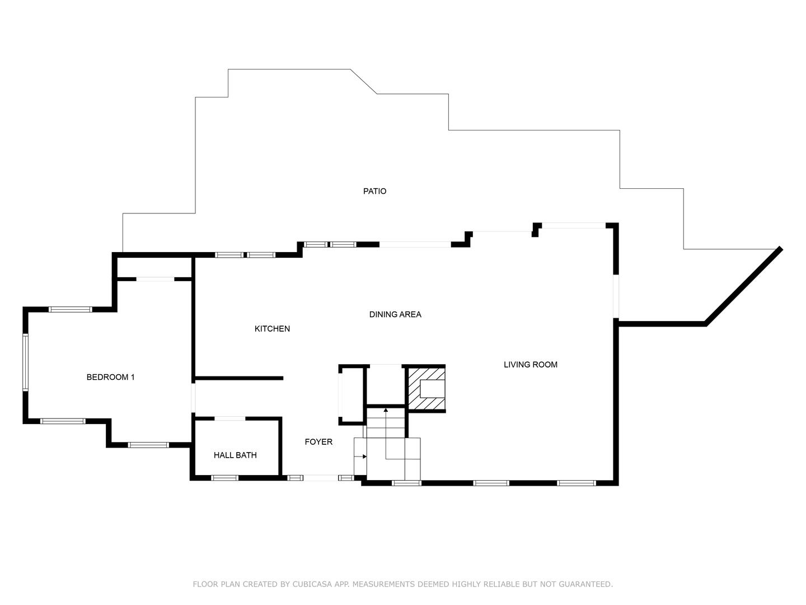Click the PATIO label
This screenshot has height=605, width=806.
pyautogui.click(x=374, y=191)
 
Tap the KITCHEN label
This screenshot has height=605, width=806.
pyautogui.click(x=272, y=329)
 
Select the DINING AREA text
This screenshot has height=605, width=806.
pyautogui.click(x=395, y=314)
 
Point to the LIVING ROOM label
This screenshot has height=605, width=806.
pyautogui.click(x=530, y=365)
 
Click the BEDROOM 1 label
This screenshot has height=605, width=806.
pyautogui.click(x=110, y=377)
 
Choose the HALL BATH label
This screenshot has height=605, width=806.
pyautogui.click(x=235, y=455)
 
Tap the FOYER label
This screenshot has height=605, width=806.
pyautogui.click(x=318, y=442)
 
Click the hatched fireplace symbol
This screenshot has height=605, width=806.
pyautogui.click(x=426, y=388)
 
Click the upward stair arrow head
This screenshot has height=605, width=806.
pyautogui.click(x=386, y=411)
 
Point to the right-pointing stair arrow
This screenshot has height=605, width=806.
pyautogui.click(x=364, y=456)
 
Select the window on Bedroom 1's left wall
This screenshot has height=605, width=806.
pyautogui.click(x=25, y=362)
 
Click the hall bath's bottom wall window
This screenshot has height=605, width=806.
pyautogui.click(x=224, y=478)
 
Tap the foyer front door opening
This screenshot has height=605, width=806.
pyautogui.click(x=321, y=478)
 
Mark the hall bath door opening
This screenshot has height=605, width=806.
pyautogui.click(x=230, y=418)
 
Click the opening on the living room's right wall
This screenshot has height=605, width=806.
pyautogui.click(x=616, y=296)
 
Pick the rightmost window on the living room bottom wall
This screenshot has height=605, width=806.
pyautogui.click(x=576, y=483)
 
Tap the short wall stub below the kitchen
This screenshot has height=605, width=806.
pyautogui.click(x=239, y=378)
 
